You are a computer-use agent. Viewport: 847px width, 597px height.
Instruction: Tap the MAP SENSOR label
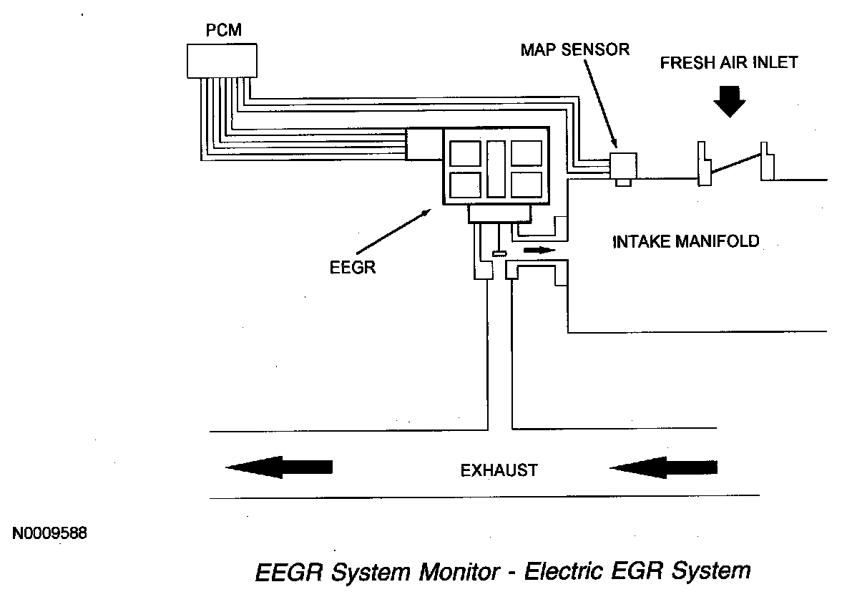click(x=575, y=50)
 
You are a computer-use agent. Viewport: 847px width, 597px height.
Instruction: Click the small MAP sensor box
click(x=622, y=165)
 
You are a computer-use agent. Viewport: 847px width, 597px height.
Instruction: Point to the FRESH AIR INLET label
click(x=728, y=62)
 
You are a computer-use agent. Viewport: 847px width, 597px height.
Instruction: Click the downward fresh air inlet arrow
click(x=729, y=99)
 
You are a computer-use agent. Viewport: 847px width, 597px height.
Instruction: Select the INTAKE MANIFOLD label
click(x=686, y=241)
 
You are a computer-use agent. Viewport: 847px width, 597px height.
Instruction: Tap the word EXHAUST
click(x=499, y=470)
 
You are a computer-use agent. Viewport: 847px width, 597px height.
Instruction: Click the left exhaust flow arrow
click(x=279, y=467)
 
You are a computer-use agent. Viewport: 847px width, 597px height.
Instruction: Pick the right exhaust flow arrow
click(x=663, y=467)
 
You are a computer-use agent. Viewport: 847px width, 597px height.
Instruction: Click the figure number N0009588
click(x=49, y=533)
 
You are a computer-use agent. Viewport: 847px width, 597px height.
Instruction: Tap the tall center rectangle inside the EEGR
click(x=496, y=169)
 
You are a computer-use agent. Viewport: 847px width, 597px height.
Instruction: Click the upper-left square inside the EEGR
click(x=464, y=154)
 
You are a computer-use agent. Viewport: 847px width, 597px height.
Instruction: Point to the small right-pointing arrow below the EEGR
click(x=539, y=251)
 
